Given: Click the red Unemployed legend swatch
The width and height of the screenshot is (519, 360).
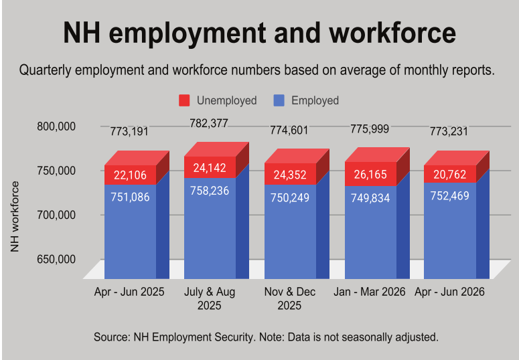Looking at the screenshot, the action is [x=184, y=100].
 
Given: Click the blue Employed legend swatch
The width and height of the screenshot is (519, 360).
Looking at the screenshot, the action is [x=279, y=100].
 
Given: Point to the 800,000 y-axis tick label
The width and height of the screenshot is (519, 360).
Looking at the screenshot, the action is [x=56, y=126].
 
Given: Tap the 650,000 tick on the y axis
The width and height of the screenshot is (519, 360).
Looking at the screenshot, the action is [x=56, y=259].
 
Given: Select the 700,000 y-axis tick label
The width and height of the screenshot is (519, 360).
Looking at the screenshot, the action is [x=56, y=215].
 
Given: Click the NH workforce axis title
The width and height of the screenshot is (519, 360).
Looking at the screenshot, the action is [x=15, y=216].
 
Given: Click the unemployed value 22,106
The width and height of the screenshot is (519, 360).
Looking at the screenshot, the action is [x=130, y=175].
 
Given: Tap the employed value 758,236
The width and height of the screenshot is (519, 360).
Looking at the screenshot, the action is [x=210, y=191].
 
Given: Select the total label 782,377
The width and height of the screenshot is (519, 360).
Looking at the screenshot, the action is [x=209, y=123].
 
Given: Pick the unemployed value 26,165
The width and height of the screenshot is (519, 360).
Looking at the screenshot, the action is [x=370, y=175].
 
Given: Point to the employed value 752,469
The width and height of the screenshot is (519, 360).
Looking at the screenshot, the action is [x=450, y=196].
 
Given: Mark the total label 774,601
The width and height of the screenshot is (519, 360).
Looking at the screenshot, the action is [x=289, y=130].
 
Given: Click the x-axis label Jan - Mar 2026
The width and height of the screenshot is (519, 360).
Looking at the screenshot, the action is [x=370, y=292].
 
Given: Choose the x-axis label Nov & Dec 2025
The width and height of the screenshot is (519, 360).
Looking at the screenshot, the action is [x=289, y=298].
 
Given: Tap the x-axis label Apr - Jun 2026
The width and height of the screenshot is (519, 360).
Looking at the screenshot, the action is [x=449, y=292].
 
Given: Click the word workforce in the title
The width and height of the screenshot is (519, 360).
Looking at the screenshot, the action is [x=392, y=33].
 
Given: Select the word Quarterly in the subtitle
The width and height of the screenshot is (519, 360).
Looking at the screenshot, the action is [x=46, y=70].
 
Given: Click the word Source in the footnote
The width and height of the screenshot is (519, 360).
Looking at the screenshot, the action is [x=112, y=337].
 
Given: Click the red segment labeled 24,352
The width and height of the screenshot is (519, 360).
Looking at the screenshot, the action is [x=290, y=174].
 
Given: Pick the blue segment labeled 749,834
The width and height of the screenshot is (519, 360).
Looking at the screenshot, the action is [x=371, y=232].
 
